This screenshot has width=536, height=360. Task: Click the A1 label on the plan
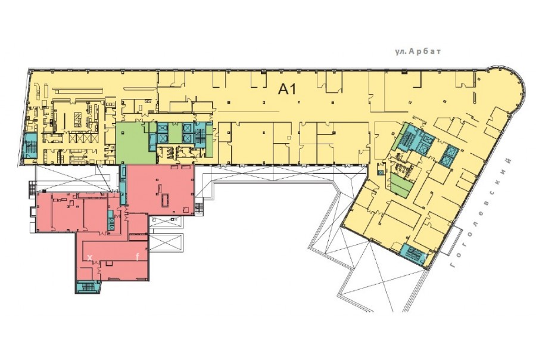[x=287, y=89]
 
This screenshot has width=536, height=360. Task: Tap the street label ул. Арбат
[x=418, y=52]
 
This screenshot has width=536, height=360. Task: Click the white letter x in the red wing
[x=90, y=257]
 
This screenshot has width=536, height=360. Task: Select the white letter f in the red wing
[x=138, y=257]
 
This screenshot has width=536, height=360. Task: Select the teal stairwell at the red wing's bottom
[x=88, y=287]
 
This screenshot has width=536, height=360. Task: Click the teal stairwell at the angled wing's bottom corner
[x=415, y=254]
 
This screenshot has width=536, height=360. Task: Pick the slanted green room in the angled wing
[x=400, y=185]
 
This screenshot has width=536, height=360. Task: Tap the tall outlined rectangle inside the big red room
[x=165, y=200]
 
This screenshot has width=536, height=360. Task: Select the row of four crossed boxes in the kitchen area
[x=82, y=138]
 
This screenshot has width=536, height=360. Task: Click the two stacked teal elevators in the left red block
[x=110, y=221]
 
